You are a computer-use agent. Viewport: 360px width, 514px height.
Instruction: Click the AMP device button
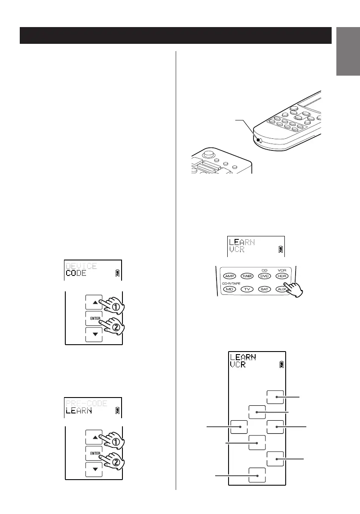coord(229,276)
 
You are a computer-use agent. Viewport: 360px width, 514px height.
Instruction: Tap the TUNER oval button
coord(247,276)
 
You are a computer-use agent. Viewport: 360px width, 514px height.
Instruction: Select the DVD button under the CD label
coord(264,276)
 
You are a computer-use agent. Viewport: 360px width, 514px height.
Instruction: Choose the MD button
coord(229,290)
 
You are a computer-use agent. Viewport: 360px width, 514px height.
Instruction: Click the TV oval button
coord(247,290)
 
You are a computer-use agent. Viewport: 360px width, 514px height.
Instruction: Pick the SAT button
coord(264,290)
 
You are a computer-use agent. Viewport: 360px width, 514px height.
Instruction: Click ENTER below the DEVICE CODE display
coord(94,318)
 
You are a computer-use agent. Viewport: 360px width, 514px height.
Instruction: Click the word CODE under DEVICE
coord(76,273)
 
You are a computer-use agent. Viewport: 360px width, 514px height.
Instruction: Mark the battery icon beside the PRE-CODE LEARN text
coord(118,410)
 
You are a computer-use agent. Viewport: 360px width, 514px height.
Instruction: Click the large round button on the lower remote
coord(208,153)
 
